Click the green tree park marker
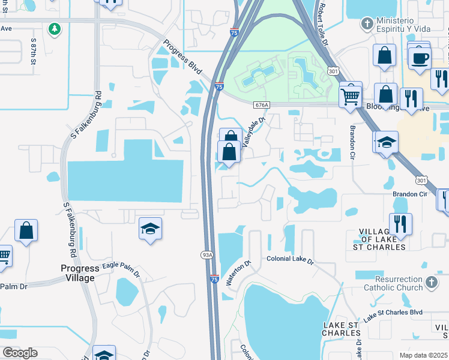[x=55, y=29]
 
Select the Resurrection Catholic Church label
[x=399, y=283]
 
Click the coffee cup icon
[x=420, y=58]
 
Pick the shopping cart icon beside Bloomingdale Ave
[x=350, y=95]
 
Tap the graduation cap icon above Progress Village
[x=151, y=229]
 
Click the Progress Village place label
[x=79, y=273]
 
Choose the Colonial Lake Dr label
[x=291, y=261]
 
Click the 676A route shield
[x=261, y=104]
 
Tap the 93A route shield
[x=206, y=254]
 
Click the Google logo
[x=20, y=352]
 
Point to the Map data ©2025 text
[x=423, y=355]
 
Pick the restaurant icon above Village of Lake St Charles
[x=400, y=224]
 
